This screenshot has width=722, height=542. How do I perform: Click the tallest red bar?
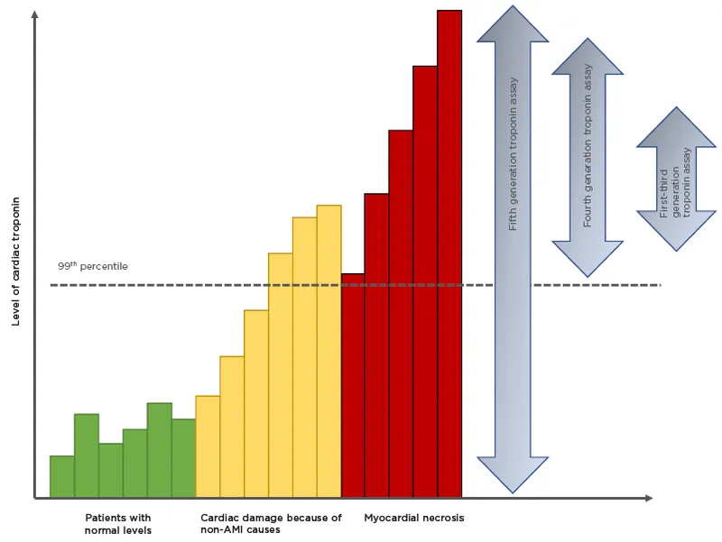coord(449,253)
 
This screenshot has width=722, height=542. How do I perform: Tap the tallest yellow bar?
coord(329,351)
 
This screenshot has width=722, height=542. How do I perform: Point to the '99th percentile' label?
coord(93,267)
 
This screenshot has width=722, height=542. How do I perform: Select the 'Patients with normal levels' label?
coord(117,524)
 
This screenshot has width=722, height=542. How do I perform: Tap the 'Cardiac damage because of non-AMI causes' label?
coord(271,524)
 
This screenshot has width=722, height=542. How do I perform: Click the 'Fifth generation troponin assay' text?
coord(514,153)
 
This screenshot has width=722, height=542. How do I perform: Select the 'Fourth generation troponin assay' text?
coord(588,144)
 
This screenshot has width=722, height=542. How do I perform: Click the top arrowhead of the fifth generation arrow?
coord(513,23)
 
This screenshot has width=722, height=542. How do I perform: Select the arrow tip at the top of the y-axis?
coord(34,14)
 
